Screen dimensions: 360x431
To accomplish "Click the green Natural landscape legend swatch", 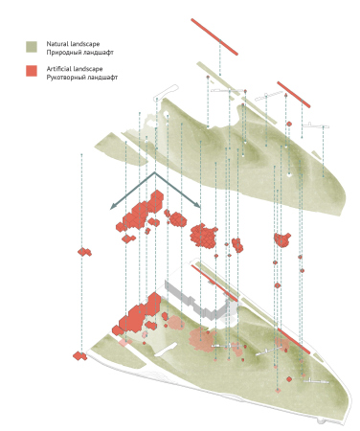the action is click(x=32, y=47).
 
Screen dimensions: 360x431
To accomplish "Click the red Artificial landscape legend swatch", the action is click(x=32, y=71).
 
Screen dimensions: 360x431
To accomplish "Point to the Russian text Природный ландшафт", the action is click(x=80, y=52).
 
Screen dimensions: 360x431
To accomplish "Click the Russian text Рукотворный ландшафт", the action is click(x=82, y=78).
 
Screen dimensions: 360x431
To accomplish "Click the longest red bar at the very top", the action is click(x=214, y=36).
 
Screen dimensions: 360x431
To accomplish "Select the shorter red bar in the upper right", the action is click(x=294, y=95).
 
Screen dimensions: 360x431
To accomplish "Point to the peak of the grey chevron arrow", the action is click(x=155, y=172).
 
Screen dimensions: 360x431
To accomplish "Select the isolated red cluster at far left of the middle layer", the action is click(x=84, y=252).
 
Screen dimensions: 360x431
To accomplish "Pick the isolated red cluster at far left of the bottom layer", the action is click(x=79, y=355).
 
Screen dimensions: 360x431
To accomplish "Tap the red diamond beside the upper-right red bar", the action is click(x=289, y=124).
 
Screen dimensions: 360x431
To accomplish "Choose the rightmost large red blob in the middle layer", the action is click(x=282, y=239).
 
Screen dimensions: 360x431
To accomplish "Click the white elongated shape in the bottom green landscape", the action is click(x=166, y=350).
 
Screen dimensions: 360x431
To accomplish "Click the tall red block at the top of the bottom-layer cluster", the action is click(x=154, y=304).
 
